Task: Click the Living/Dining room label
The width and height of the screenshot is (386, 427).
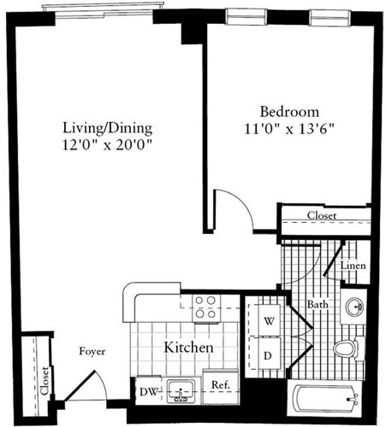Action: (x=108, y=128)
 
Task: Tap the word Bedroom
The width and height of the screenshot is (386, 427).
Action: (x=290, y=112)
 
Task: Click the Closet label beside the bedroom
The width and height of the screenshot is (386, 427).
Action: (x=322, y=216)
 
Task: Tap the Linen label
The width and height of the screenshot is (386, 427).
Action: (x=353, y=266)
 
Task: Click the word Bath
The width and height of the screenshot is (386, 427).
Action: (x=318, y=304)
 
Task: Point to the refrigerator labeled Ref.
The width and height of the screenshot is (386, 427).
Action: (x=219, y=384)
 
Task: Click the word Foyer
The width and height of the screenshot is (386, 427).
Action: (x=92, y=351)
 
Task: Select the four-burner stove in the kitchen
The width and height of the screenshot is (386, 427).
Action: (x=205, y=307)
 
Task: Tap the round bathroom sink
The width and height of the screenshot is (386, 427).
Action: (x=355, y=306)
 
